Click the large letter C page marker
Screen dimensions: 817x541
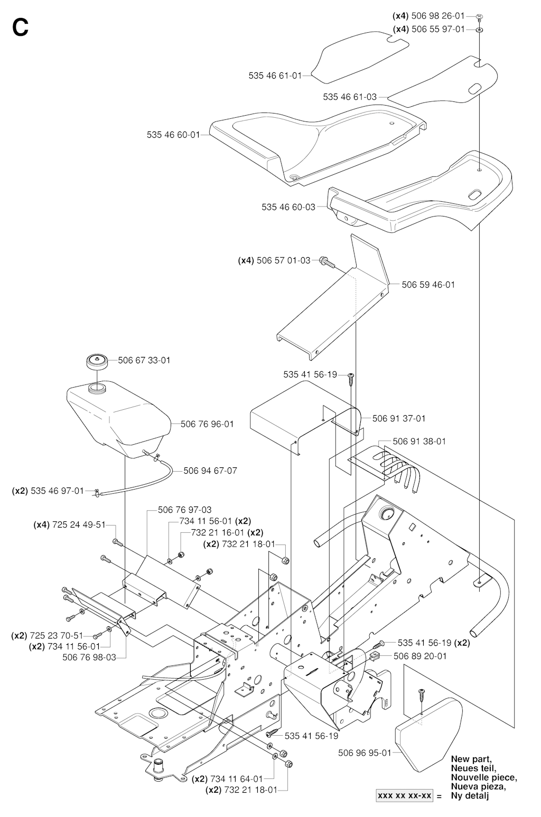20,27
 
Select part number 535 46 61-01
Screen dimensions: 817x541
275,76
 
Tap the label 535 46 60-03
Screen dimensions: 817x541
288,206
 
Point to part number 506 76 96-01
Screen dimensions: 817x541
207,424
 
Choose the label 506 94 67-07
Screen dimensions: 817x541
210,470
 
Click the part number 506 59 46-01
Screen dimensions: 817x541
428,285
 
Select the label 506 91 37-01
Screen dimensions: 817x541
399,418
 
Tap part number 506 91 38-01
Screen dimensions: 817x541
419,441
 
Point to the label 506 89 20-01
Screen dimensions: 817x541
420,656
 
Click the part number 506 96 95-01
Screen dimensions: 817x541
365,753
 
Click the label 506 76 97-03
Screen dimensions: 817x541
185,510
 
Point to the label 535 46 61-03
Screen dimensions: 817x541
350,97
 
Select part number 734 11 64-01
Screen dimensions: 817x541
236,778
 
